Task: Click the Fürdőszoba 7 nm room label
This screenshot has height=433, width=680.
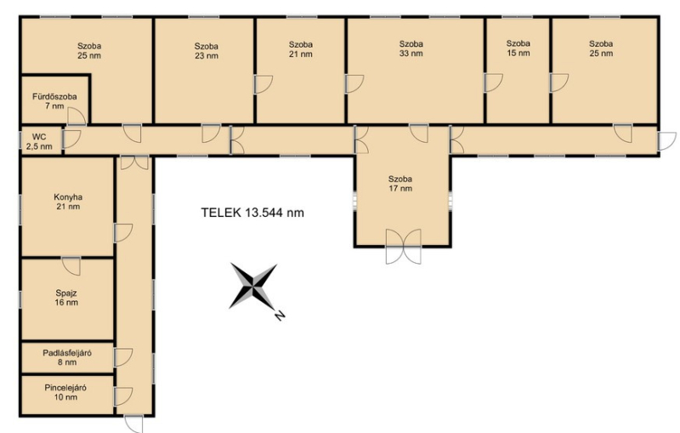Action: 54,101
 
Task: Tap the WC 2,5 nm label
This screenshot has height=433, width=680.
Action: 39,142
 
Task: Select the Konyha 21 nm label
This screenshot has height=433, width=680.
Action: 68,202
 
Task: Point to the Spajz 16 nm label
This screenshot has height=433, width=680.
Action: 66,298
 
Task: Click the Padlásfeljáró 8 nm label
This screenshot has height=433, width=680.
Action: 67,357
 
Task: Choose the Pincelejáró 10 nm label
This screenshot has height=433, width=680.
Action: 65,392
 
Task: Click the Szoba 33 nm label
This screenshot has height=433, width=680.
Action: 411,48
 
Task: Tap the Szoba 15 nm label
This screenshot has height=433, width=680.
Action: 518,48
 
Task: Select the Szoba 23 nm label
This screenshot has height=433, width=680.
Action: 207,51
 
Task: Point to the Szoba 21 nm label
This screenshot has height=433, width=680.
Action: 301,49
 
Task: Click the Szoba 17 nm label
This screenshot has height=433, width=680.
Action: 400,184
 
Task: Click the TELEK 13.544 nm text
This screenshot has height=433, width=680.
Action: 252,213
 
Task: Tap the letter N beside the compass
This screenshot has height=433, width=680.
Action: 280,316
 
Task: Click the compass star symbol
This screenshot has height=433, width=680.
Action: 252,286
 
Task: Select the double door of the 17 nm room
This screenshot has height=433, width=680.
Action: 403,247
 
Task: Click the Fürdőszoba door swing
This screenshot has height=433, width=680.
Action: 76,117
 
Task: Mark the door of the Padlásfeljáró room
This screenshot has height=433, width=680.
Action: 123,357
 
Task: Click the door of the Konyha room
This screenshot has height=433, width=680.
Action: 123,233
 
